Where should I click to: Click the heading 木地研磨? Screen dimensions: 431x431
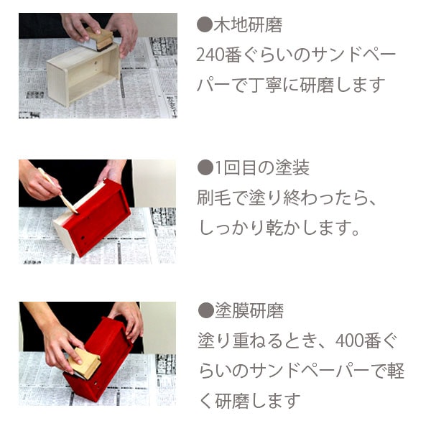click(248, 25)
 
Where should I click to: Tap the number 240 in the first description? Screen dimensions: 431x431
click(210, 55)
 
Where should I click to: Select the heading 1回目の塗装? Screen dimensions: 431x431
click(262, 167)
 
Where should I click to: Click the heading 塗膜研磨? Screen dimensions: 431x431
click(249, 310)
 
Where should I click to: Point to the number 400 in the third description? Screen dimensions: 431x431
click(349, 340)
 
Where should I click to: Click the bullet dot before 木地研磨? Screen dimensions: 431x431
click(205, 24)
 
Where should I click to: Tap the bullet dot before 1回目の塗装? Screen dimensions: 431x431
click(205, 167)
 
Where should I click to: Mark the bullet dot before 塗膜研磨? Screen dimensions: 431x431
click(206, 310)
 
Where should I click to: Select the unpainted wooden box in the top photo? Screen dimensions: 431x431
click(84, 73)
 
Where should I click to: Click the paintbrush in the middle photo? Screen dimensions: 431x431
click(57, 190)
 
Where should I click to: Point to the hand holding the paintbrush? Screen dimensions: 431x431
click(39, 182)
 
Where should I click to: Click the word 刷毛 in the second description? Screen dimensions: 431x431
click(214, 198)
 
